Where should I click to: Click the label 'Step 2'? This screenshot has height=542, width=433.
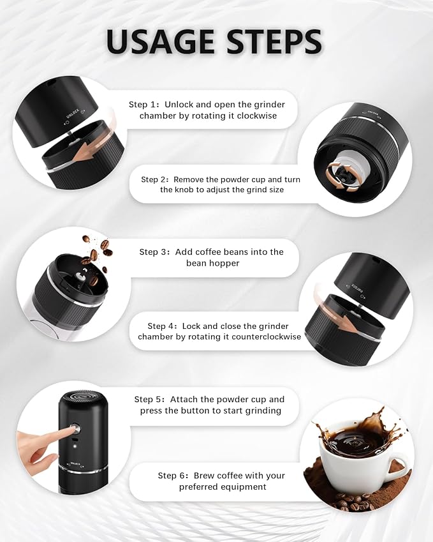155,180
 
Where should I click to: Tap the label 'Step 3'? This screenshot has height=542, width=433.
154,252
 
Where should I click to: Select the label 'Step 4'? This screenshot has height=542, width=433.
162,326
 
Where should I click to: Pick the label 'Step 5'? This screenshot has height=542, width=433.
149,400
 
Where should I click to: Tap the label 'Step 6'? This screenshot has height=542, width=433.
172,476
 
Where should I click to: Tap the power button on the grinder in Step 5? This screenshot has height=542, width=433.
75,430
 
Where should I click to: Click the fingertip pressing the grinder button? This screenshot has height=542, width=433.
64,434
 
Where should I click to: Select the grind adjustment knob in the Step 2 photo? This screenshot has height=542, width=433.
337,172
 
